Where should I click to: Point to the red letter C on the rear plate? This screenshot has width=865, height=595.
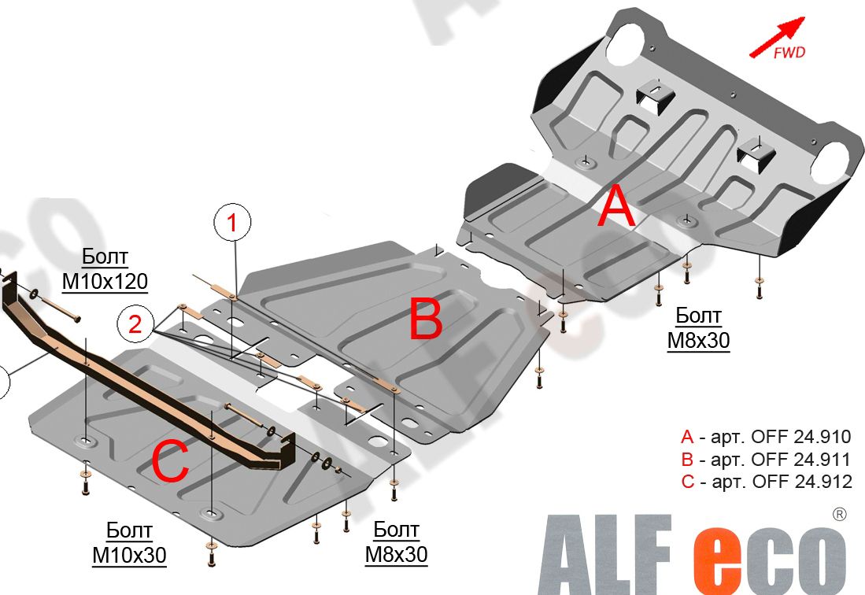tap(171, 462)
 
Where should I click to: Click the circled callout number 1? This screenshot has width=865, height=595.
tap(232, 222)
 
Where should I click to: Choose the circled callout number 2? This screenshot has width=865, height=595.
tap(135, 324)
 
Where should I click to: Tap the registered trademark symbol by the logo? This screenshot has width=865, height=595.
tap(838, 515)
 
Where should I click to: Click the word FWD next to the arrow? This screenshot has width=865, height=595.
tap(789, 53)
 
